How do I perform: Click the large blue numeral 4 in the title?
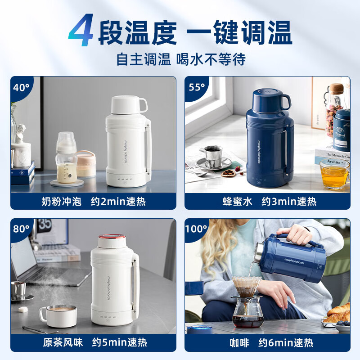(x=82, y=31)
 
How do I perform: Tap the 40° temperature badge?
(x=20, y=87)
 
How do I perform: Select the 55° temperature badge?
(x=197, y=87)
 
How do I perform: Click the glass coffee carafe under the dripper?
(x=247, y=311)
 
